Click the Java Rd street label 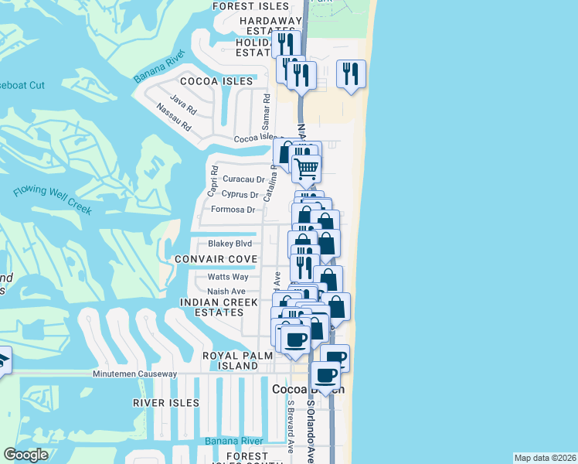[x=182, y=104]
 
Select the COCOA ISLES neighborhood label [x=216, y=81]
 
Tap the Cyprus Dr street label [x=239, y=194]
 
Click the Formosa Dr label [x=233, y=210]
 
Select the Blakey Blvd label [x=230, y=243]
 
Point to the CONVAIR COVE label [x=215, y=258]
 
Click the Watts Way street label [x=228, y=277]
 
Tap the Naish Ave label [x=226, y=292]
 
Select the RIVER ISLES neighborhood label [x=166, y=403]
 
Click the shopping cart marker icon [x=308, y=167]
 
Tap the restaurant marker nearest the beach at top [x=352, y=74]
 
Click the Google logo [x=25, y=455]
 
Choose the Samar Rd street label [x=265, y=112]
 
